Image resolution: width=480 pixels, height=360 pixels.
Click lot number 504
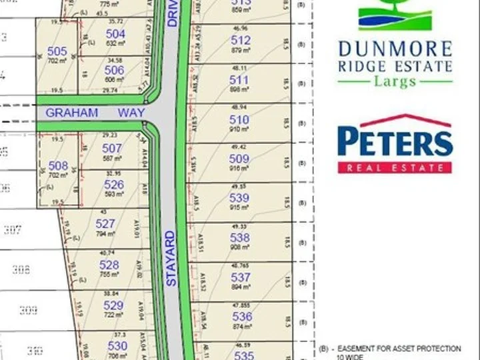(x=115, y=34)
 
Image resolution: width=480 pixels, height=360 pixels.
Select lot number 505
(x=57, y=51)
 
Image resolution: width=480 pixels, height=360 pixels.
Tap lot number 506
(x=115, y=70)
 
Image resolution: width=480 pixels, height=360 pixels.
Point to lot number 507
(x=112, y=148)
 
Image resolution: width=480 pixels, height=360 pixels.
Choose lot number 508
(x=58, y=165)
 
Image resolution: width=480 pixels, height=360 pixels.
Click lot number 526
(x=114, y=185)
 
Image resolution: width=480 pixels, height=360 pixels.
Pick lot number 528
(x=109, y=265)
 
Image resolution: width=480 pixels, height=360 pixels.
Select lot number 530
(x=117, y=345)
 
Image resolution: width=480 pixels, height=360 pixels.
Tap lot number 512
(x=241, y=41)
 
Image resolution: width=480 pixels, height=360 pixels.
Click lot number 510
(x=239, y=120)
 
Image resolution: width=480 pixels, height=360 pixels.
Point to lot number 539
(x=239, y=198)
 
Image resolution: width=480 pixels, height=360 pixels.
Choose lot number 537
(x=241, y=277)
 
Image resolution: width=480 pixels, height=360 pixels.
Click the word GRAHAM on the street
(x=72, y=113)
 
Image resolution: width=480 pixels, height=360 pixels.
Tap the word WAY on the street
(x=131, y=113)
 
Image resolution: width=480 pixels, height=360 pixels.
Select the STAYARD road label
(x=171, y=259)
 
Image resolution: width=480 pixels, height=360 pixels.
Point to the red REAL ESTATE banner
(x=395, y=167)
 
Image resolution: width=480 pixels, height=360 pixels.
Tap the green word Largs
(x=395, y=81)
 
